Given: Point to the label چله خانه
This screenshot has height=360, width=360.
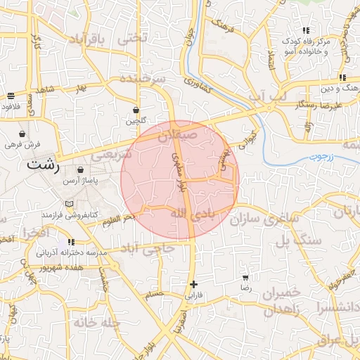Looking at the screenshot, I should tap(95, 322).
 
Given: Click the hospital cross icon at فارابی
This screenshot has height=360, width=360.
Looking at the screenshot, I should tap(193, 284).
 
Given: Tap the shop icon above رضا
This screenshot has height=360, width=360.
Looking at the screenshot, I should tap(245, 278).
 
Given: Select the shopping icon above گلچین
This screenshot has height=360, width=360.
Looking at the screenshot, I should tap(135, 110).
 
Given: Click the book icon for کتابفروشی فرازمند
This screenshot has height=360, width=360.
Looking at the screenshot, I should tap(68, 204).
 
